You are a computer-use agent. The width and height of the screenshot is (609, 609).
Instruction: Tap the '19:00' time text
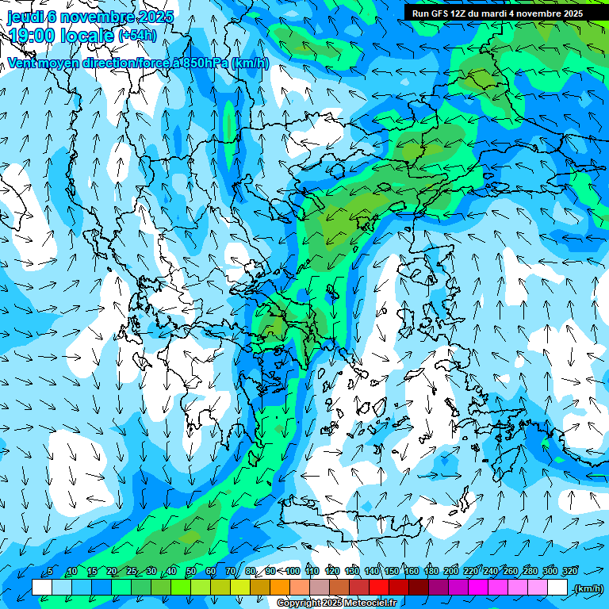coord(32,36)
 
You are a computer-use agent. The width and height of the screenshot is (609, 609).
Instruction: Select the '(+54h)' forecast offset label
coord(136,35)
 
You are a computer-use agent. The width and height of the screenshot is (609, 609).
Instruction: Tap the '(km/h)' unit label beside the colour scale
coord(588,588)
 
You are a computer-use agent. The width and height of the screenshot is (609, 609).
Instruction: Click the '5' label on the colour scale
coord(50,572)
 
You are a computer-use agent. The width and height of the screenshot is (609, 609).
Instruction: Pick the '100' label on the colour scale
coord(293,572)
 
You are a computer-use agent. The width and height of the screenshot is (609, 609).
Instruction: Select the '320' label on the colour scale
coord(570,572)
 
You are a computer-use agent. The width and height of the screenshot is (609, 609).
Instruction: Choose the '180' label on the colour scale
coord(431,572)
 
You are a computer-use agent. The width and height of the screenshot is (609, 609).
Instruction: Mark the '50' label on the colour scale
coord(191,572)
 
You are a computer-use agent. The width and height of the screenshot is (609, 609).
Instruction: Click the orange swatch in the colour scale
coord(280,588)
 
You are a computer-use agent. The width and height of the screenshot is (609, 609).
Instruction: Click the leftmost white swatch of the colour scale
coord(42,588)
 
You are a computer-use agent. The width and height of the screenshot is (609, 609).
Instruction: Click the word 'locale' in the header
coord(87,36)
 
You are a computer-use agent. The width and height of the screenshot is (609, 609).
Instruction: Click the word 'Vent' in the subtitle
coord(24,63)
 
